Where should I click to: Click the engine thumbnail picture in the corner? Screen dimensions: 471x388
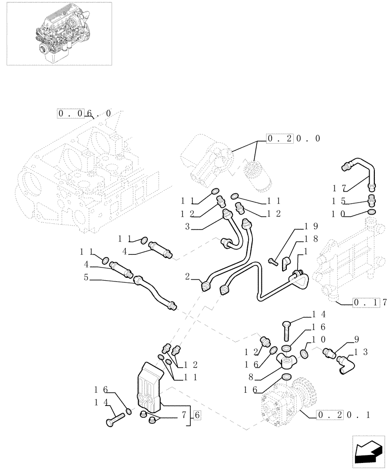(57, 33)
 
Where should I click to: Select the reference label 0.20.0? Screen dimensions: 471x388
(293, 138)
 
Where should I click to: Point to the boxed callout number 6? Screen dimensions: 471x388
(197, 415)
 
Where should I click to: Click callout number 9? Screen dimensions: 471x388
(356, 338)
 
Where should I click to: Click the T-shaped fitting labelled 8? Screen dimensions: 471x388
(287, 360)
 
